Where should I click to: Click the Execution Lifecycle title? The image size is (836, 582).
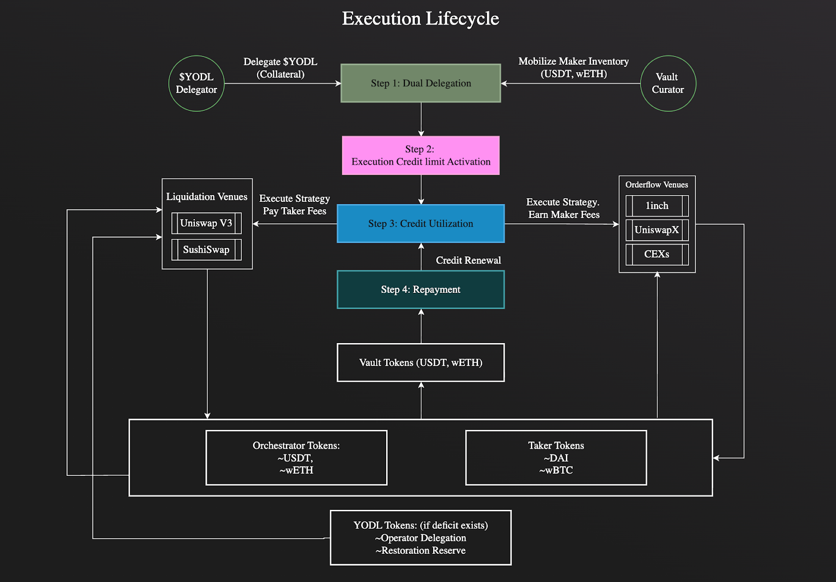(420, 18)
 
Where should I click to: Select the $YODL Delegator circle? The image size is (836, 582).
(196, 83)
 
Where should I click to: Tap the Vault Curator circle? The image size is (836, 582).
(668, 83)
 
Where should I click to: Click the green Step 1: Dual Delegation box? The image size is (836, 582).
(421, 83)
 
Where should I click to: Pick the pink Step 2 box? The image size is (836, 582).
(421, 155)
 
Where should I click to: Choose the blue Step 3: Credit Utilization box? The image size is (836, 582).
(421, 223)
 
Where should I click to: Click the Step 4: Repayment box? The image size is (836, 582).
(421, 289)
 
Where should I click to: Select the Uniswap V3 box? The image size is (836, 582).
(206, 223)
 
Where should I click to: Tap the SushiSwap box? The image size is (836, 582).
(206, 249)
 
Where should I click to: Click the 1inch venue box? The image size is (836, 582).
(657, 206)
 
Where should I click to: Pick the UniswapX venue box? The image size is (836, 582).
(657, 230)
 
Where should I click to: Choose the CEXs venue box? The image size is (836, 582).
(657, 254)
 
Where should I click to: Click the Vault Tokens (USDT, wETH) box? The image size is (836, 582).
(421, 362)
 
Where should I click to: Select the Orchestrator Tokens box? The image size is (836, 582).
(296, 458)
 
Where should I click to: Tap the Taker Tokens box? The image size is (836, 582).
(556, 458)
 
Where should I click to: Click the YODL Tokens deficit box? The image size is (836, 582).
(421, 538)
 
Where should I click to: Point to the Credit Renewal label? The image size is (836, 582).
(468, 260)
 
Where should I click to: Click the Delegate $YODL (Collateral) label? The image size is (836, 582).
(280, 68)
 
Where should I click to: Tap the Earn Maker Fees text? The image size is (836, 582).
(564, 214)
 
